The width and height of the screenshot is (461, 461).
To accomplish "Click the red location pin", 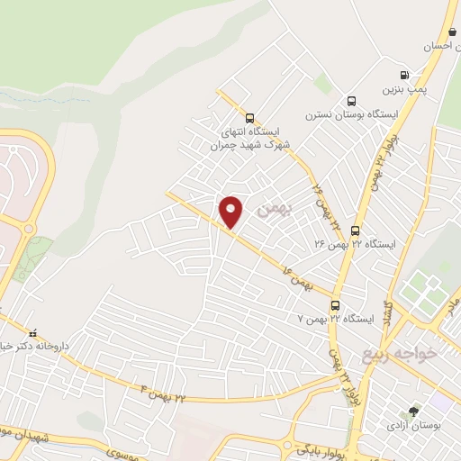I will tap(231, 212).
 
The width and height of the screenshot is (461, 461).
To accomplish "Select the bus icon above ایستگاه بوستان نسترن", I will tap(350, 101).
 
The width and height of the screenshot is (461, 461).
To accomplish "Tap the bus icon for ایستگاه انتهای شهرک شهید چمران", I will tap(249, 117).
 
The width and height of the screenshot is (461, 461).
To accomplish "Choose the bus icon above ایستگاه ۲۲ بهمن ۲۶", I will tap(356, 230).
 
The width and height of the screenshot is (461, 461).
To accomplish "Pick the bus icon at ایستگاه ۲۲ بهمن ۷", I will tap(335, 305).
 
